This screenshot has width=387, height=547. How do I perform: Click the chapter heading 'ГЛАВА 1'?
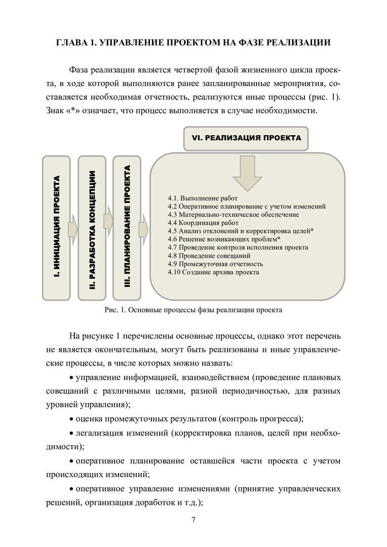tap(193, 43)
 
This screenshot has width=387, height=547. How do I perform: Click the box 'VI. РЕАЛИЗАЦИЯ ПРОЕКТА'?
tap(246, 138)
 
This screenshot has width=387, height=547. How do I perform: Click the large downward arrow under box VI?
tap(247, 173)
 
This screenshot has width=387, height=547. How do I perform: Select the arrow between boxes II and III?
tap(108, 221)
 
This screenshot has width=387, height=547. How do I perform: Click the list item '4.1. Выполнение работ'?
tap(195, 199)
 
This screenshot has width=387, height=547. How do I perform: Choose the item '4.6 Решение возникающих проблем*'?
tap(224, 239)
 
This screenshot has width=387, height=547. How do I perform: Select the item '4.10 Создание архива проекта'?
tap(213, 272)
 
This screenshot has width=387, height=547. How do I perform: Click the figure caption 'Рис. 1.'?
tap(193, 309)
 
